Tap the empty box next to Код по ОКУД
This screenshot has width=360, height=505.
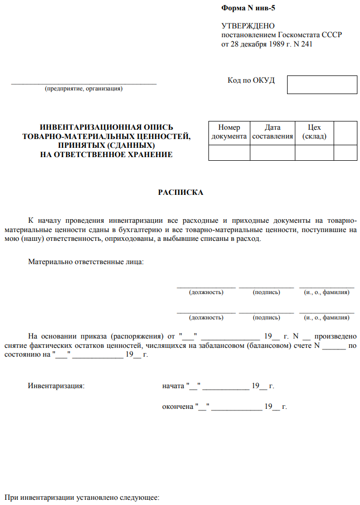pyautogui.click(x=322, y=84)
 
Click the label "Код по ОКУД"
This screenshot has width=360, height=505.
pyautogui.click(x=251, y=81)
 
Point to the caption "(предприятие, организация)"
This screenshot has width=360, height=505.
pyautogui.click(x=84, y=88)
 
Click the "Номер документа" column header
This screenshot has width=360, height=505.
pyautogui.click(x=229, y=132)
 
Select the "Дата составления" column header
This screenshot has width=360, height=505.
pyautogui.click(x=272, y=132)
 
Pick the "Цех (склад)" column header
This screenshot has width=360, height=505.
pyautogui.click(x=314, y=132)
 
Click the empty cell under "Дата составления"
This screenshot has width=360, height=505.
pyautogui.click(x=272, y=153)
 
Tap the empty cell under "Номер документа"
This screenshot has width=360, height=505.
pyautogui.click(x=229, y=153)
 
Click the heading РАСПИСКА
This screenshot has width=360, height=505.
pyautogui.click(x=181, y=193)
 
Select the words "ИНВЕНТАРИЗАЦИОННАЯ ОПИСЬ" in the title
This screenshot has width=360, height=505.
pyautogui.click(x=107, y=127)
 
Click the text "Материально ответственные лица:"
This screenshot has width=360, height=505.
pyautogui.click(x=86, y=262)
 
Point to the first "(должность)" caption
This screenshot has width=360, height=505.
pyautogui.click(x=206, y=292)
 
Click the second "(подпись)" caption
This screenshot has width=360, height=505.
pyautogui.click(x=266, y=317)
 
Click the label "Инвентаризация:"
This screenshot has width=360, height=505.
pyautogui.click(x=56, y=386)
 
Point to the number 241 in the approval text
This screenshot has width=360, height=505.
pyautogui.click(x=306, y=44)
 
